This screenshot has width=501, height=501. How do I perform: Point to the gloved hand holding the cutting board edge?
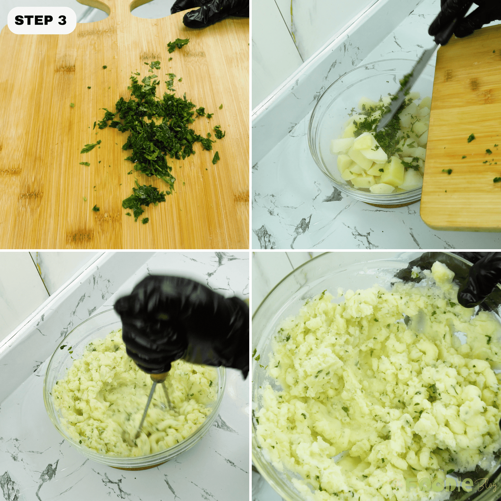pyautogui.click(x=210, y=13)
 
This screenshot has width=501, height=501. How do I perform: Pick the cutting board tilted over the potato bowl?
pyautogui.click(x=463, y=132)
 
